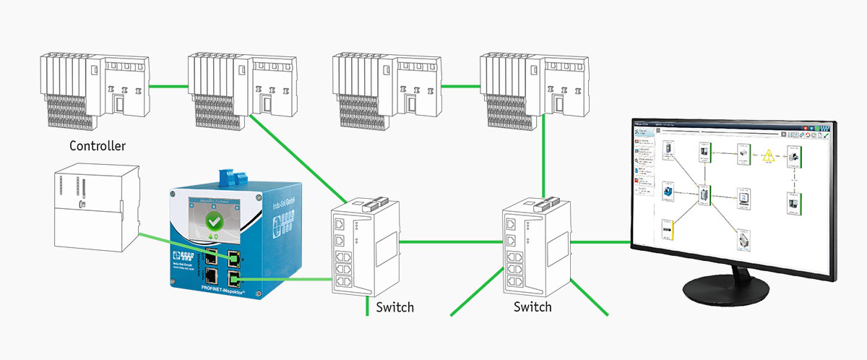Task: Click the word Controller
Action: [x=98, y=146]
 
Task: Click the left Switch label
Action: [x=395, y=307]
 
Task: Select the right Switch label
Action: [x=532, y=307]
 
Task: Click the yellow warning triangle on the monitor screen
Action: [x=768, y=155]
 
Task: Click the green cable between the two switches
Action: [x=447, y=241]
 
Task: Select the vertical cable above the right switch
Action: [x=542, y=159]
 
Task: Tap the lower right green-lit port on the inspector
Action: [x=235, y=278]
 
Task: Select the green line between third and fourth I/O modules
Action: [x=459, y=87]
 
